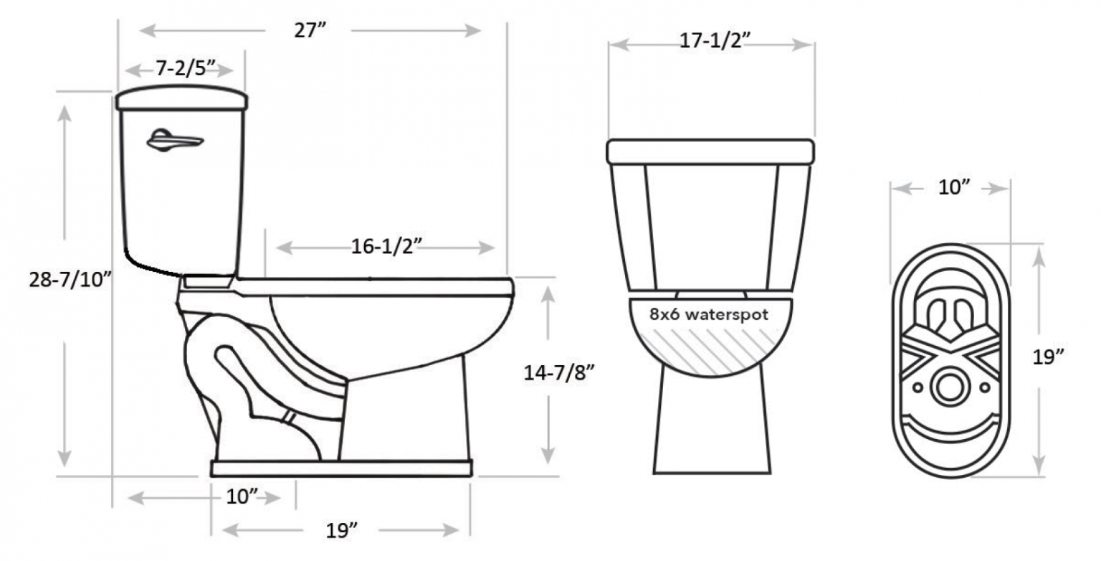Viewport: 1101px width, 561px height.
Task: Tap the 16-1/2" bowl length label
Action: [385, 247]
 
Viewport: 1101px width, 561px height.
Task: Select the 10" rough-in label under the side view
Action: [242, 496]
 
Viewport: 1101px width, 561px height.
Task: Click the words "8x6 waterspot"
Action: [709, 314]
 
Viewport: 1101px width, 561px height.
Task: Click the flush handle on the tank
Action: [175, 141]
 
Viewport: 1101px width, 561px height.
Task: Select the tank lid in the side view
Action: [182, 100]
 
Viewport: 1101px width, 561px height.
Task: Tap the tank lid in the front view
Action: [710, 151]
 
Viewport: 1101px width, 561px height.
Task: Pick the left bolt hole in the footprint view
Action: [917, 388]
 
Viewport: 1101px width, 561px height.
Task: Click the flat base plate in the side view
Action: [340, 469]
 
